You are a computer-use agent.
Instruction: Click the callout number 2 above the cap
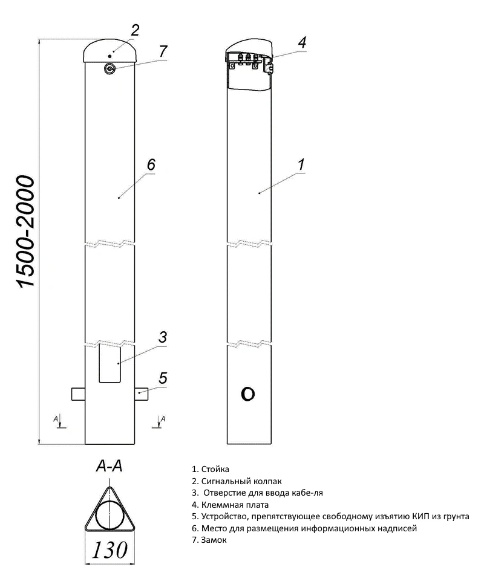pos(135,30)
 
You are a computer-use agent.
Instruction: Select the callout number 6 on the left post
pos(151,164)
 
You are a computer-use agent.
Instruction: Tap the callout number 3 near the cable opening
pos(162,337)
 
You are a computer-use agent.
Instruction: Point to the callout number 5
pos(163,378)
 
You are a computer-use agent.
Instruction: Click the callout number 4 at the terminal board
pos(302,42)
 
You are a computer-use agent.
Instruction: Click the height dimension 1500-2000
pos(27,232)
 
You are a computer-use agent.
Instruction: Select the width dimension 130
pos(110,549)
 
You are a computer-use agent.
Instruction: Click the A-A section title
pos(109,466)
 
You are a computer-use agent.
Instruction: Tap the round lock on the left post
pos(110,69)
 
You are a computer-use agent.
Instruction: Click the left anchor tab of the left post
pos(78,393)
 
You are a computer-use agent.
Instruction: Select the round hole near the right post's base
pos(247,395)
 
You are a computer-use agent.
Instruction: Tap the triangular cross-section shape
pos(110,511)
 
